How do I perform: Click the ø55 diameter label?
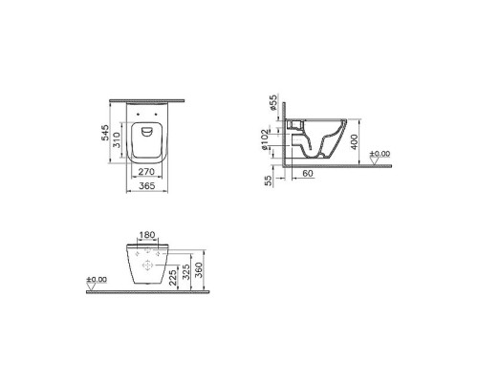coord(272,103)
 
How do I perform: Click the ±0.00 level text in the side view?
coord(380,153)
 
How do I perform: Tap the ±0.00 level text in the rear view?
coord(96,280)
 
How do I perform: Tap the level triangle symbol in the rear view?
coord(92,287)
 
